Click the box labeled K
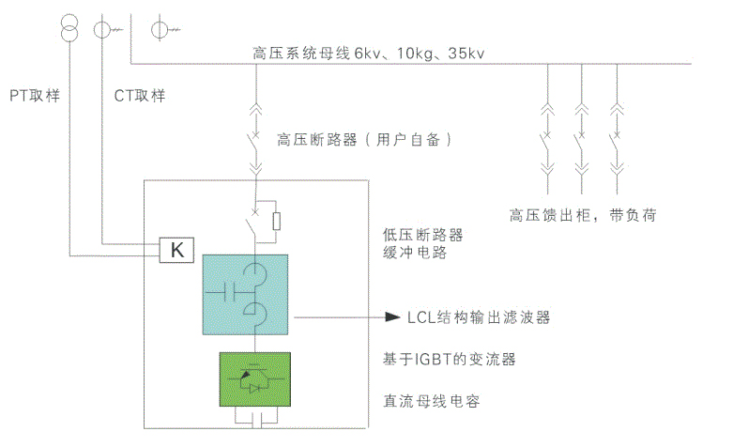(x=176, y=250)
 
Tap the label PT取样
(x=35, y=96)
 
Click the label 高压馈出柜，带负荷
(x=582, y=215)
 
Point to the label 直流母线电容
(x=432, y=401)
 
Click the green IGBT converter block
(x=253, y=378)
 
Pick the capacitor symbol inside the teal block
(x=226, y=292)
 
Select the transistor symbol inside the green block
(x=252, y=378)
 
